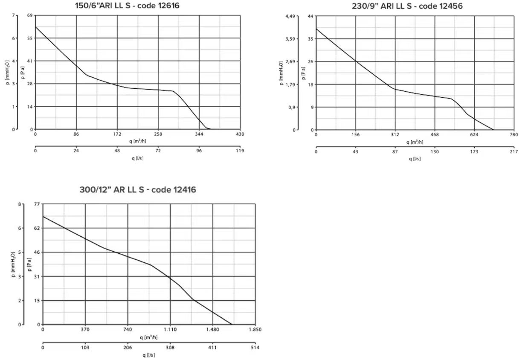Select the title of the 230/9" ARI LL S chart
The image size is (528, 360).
[x=407, y=6]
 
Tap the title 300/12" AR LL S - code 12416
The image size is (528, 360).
[x=137, y=189]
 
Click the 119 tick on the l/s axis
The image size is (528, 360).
[x=240, y=151]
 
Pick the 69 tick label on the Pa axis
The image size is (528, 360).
[x=30, y=16]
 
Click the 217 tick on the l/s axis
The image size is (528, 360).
[x=513, y=152]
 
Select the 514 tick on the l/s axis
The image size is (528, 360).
[x=255, y=348]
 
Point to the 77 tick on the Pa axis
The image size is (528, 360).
[x=37, y=204]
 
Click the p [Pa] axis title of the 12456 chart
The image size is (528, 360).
[x=304, y=73]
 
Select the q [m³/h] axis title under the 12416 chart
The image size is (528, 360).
[x=148, y=337]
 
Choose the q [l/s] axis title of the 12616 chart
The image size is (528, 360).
[x=138, y=158]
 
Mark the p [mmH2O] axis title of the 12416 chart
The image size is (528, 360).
[x=13, y=264]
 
